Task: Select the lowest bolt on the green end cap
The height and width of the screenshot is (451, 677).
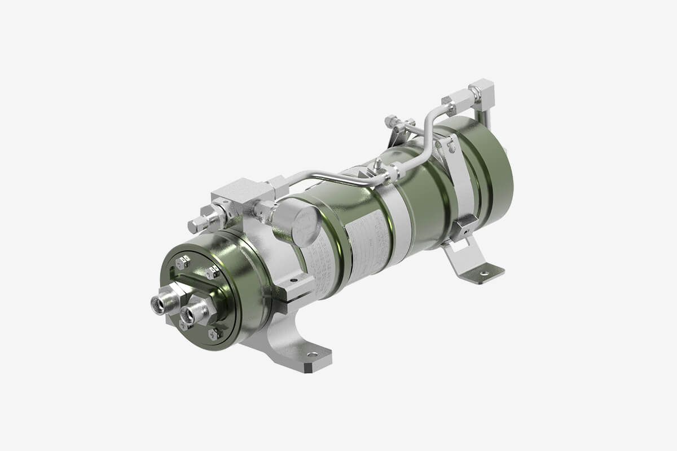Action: pyautogui.click(x=213, y=334)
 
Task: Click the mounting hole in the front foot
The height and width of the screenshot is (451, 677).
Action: pyautogui.click(x=311, y=355)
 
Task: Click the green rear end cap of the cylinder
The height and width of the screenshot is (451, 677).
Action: pyautogui.click(x=496, y=169)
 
